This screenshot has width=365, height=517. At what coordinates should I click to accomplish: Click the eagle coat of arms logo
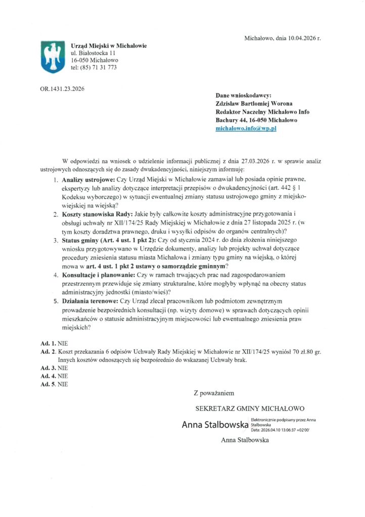click(x=52, y=57)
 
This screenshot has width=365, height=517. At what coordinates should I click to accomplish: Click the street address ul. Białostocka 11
click(x=94, y=53)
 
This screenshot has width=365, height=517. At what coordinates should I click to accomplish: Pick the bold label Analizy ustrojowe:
click(x=88, y=179)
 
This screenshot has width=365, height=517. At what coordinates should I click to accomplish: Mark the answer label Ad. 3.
click(x=49, y=368)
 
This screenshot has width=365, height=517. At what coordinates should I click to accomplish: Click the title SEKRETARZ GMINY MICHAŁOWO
click(x=250, y=408)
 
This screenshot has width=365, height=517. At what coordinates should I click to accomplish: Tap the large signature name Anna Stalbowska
click(x=215, y=425)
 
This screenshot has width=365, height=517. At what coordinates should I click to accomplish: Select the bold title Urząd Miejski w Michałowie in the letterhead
click(x=109, y=45)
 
